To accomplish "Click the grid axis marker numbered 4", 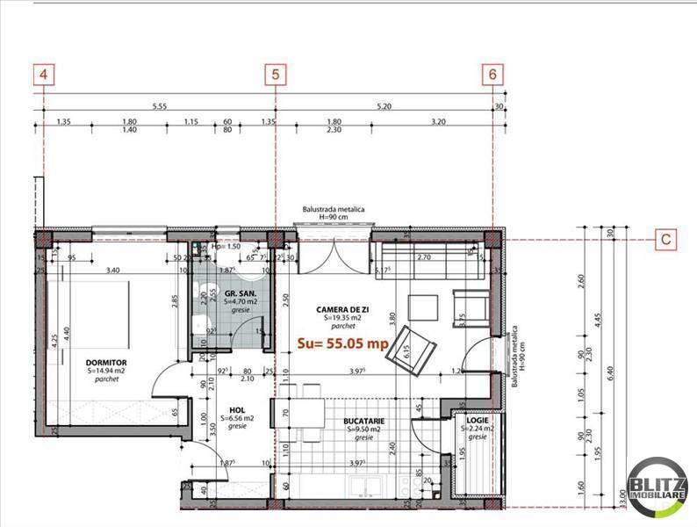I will [x=43, y=76].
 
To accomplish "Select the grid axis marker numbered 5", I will [x=276, y=76].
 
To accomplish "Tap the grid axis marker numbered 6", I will [x=493, y=76].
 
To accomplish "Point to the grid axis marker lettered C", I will [x=667, y=238].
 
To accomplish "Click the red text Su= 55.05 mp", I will [x=341, y=342].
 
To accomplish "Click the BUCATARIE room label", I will [x=365, y=422].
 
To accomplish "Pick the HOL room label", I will [x=235, y=409].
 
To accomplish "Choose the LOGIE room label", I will [x=478, y=421].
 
